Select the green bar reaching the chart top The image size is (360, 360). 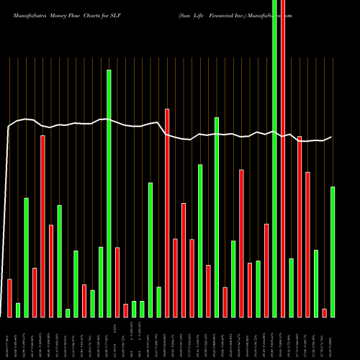tap(274, 158)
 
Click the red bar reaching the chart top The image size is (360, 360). tap(283, 158)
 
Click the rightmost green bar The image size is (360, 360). tap(333, 252)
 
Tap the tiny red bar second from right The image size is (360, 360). tap(325, 312)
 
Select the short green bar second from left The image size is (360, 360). tap(18, 310)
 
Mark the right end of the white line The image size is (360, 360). tap(331, 137)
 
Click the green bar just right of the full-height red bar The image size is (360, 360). tap(292, 287)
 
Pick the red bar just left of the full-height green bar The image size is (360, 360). tap(266, 270)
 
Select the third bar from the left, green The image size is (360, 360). tap(27, 257)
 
